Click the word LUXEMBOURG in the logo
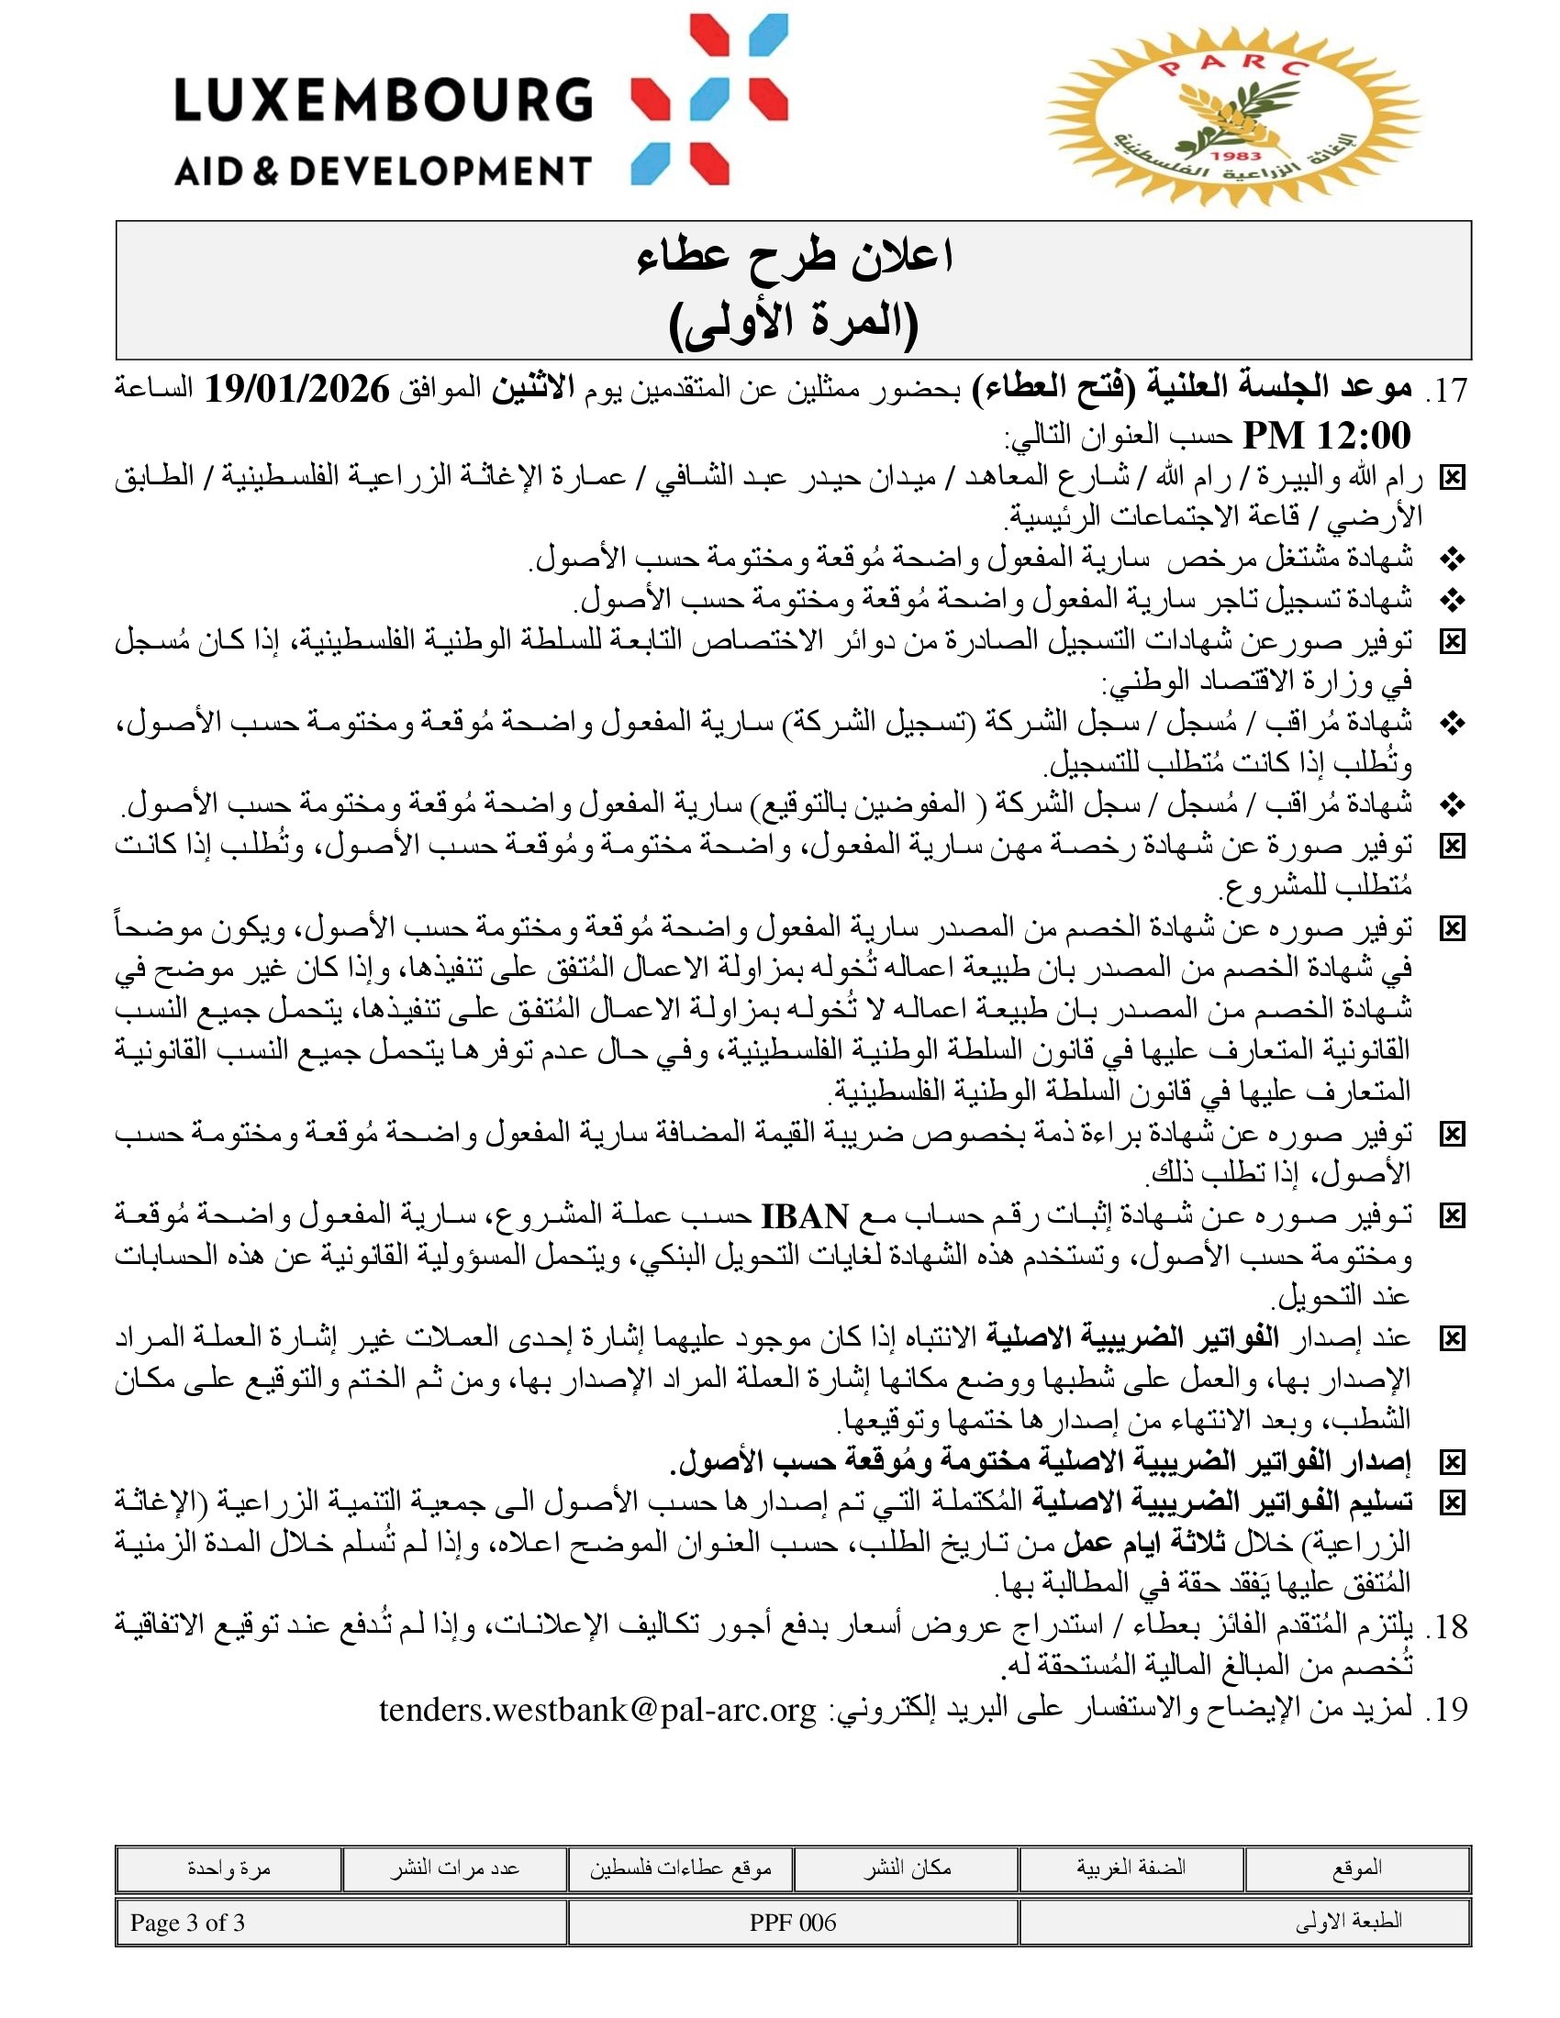(383, 100)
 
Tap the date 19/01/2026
(296, 390)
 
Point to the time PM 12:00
(1326, 434)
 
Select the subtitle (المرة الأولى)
(794, 323)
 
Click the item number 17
(1447, 391)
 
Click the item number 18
(1447, 1626)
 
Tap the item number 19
(1447, 1710)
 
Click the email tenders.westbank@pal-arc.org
(598, 1710)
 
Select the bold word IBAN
(804, 1216)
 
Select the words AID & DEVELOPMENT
(383, 171)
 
